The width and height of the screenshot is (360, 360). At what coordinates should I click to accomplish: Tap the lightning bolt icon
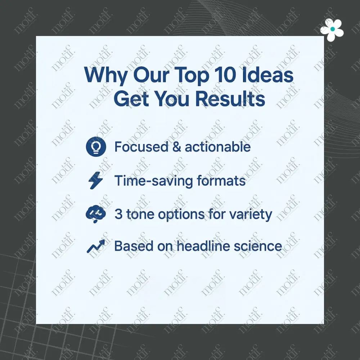[95, 181]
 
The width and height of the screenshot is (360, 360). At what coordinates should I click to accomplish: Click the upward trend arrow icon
[96, 247]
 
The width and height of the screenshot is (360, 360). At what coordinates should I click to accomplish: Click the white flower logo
[332, 30]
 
